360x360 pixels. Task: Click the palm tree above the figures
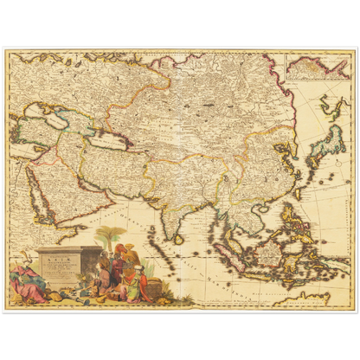110,236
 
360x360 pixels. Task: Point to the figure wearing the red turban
120,254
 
